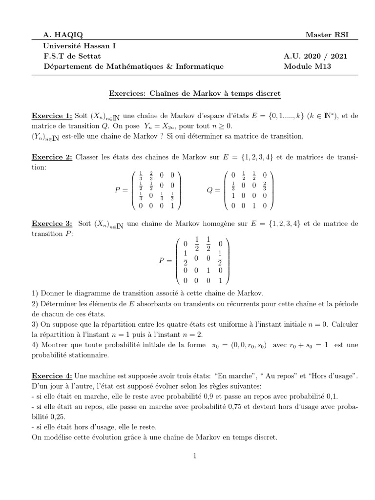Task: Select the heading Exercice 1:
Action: [52, 116]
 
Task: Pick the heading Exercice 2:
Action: [52, 157]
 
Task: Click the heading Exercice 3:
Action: [52, 224]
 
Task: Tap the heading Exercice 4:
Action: [52, 375]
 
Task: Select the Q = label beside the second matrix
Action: [213, 190]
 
